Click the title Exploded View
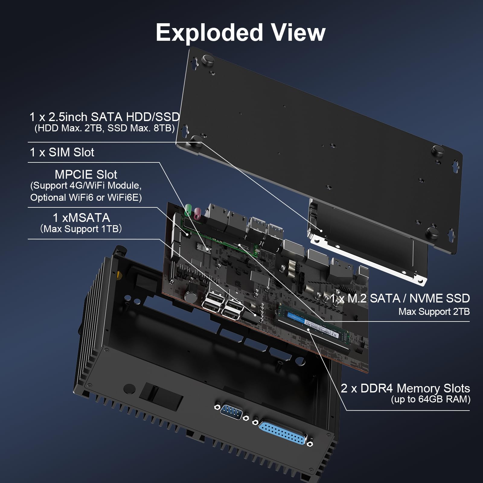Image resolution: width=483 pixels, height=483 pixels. [x=241, y=33]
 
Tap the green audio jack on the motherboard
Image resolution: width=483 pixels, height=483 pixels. [x=188, y=209]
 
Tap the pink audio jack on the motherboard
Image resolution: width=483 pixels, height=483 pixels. [x=198, y=213]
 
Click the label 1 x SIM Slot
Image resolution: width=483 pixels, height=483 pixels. [x=62, y=152]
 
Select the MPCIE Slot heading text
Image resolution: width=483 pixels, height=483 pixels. [x=86, y=174]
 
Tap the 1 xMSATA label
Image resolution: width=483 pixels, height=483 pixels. [x=81, y=218]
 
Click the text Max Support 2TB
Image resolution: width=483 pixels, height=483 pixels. [x=434, y=312]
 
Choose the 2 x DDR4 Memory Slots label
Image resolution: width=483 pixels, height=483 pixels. [x=405, y=388]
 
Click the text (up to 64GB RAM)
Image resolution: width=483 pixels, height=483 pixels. [x=430, y=399]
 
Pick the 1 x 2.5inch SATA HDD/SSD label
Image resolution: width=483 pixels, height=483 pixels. [x=104, y=117]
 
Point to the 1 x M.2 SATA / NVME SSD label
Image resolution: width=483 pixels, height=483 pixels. [x=400, y=298]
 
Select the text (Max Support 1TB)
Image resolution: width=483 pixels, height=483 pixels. [x=81, y=229]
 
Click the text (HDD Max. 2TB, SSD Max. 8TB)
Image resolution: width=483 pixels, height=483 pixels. [x=104, y=128]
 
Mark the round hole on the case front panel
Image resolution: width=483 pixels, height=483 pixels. [x=130, y=388]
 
